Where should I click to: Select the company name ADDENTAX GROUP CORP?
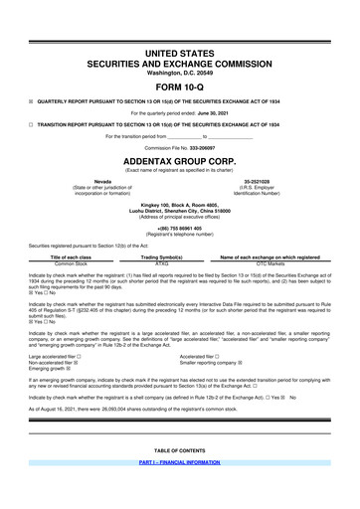pyautogui.click(x=180, y=159)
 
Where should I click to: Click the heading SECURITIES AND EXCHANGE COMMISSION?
pyautogui.click(x=180, y=62)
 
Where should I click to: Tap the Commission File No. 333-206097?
pyautogui.click(x=180, y=145)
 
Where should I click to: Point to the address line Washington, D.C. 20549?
pyautogui.click(x=180, y=72)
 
